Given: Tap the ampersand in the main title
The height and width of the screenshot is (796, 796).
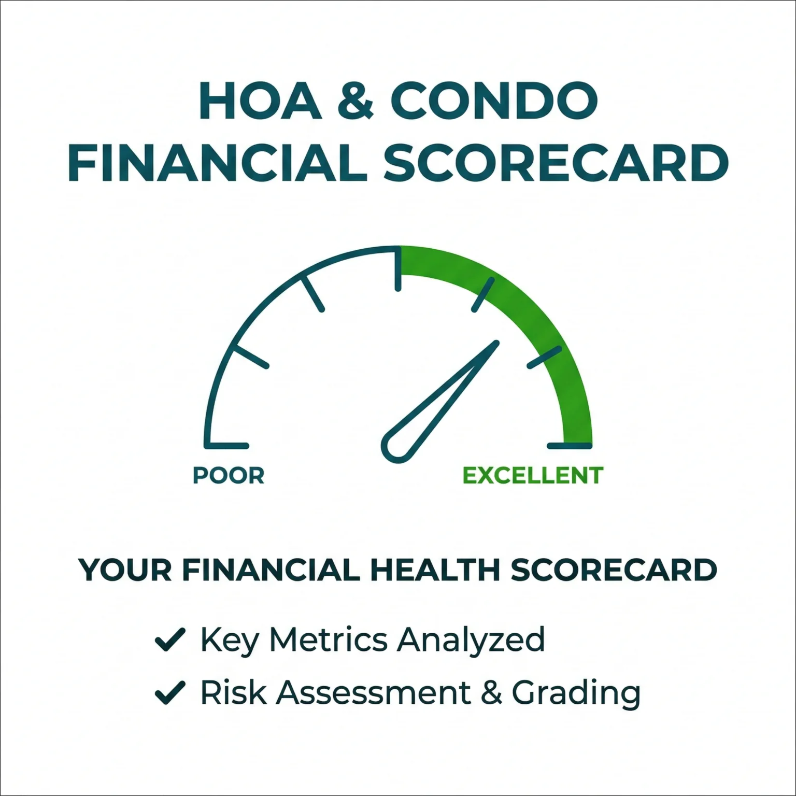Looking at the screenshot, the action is point(356,101).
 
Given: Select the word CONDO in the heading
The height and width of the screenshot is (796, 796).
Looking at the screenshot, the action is point(494,101).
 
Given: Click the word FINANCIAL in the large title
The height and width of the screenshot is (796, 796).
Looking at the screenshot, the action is point(218,163).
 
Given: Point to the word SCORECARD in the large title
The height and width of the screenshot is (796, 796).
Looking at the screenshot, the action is point(556,163).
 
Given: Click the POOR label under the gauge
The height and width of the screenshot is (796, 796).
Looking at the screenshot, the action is point(229,475).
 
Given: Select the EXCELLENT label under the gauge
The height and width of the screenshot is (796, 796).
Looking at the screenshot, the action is point(533,475).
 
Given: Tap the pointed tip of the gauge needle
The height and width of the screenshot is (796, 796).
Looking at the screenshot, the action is point(496,343).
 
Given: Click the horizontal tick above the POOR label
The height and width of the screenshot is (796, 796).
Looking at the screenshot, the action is point(227,446).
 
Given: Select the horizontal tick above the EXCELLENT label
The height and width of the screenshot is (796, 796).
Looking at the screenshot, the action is point(570,446).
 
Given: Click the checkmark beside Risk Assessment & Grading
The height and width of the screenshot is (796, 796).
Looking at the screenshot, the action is point(170,693).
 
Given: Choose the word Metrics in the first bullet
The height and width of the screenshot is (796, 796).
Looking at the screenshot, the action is point(329,639).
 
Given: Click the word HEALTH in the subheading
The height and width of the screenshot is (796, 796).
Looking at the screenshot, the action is point(435,570).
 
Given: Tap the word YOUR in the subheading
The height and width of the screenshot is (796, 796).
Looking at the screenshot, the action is point(125,570).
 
